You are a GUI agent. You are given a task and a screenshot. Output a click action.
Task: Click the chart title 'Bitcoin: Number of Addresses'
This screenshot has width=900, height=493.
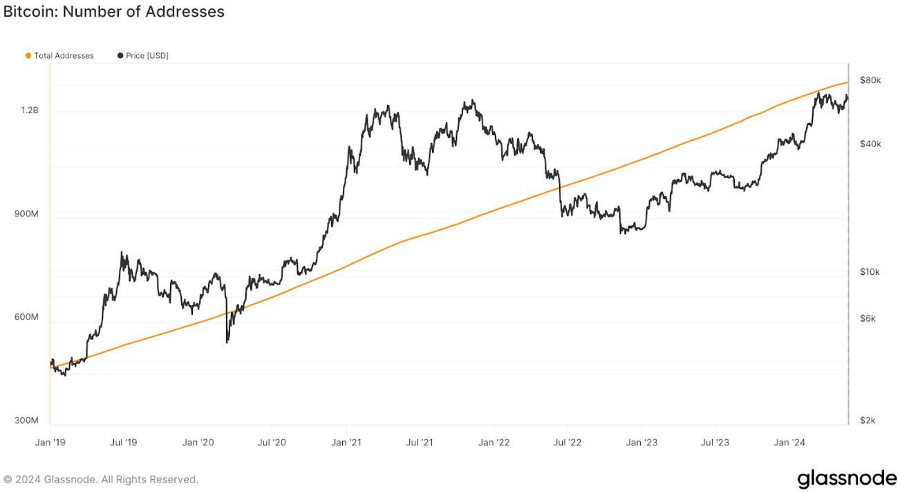(x=114, y=12)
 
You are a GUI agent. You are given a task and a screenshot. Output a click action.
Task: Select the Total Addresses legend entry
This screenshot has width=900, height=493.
(x=59, y=55)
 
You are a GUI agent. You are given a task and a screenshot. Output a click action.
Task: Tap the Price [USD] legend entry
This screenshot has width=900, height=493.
(x=143, y=55)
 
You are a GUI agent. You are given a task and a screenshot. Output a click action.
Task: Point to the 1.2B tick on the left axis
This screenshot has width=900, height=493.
(x=30, y=110)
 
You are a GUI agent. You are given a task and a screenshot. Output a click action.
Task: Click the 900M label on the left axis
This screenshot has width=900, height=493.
(x=27, y=214)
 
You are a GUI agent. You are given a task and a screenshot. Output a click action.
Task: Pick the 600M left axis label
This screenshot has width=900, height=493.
(x=27, y=317)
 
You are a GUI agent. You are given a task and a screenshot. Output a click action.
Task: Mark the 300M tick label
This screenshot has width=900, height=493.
(x=27, y=420)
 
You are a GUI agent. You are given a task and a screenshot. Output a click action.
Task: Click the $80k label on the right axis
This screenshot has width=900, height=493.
(x=870, y=80)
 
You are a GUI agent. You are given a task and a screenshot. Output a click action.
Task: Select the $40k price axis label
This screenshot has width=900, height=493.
(x=870, y=144)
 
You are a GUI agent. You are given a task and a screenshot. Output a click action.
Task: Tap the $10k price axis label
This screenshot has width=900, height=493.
(x=870, y=271)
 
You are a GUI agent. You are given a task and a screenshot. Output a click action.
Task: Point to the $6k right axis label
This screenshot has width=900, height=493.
(x=868, y=318)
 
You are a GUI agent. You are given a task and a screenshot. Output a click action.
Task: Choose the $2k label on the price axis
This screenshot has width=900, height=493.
(x=868, y=420)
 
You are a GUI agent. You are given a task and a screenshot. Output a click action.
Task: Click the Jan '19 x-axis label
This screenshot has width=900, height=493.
(x=50, y=442)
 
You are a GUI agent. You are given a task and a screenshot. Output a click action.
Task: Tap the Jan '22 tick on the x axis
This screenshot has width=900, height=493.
(x=495, y=442)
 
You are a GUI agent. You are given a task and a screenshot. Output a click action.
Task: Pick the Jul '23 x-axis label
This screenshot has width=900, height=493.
(x=715, y=442)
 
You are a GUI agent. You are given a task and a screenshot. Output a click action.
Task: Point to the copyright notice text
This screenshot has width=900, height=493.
(x=101, y=479)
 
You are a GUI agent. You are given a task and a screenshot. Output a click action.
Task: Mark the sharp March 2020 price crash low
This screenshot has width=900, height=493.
(x=227, y=342)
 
